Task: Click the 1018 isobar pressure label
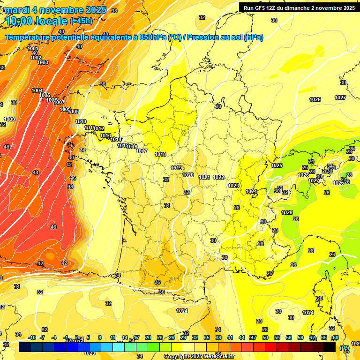(x=160, y=154)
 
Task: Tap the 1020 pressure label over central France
(x=188, y=175)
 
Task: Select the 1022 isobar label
(x=218, y=177)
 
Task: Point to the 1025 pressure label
(x=277, y=165)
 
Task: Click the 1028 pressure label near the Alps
(x=287, y=212)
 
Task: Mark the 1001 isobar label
(x=33, y=49)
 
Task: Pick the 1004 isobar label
(x=37, y=90)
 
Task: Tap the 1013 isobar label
(x=105, y=136)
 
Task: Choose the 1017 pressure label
(x=142, y=151)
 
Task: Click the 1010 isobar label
(x=81, y=121)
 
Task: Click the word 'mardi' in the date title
(x=17, y=10)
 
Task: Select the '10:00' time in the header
(x=22, y=21)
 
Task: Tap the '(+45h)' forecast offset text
(x=81, y=21)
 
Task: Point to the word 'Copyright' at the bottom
(x=177, y=357)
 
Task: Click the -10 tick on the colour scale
(x=32, y=337)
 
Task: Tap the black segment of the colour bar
(x=330, y=347)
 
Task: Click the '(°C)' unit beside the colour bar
(x=345, y=347)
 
